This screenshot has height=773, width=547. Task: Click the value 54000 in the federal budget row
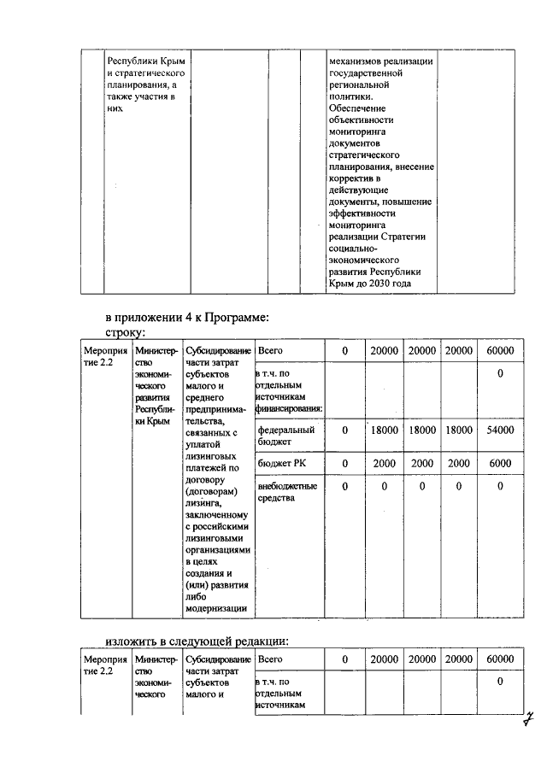coord(500,431)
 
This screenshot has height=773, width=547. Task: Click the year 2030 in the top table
coord(379,284)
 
